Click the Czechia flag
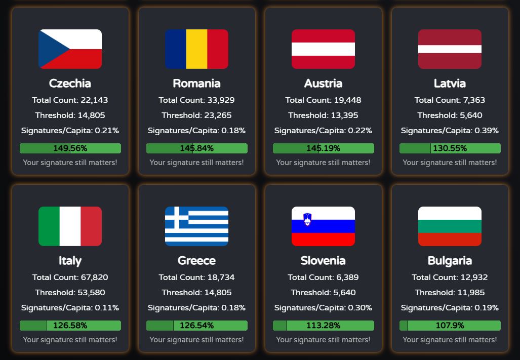[x=70, y=49]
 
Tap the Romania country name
[x=196, y=83]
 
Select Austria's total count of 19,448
[x=324, y=100]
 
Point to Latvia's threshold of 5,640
[x=450, y=115]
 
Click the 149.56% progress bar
[x=70, y=148]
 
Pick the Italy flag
[x=70, y=226]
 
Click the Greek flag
[x=196, y=226]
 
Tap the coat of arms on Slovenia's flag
[x=307, y=219]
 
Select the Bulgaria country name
[x=450, y=261]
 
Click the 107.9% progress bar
[x=450, y=326]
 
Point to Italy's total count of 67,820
[x=70, y=277]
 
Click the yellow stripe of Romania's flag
[x=196, y=49]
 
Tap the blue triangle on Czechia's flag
[x=52, y=49]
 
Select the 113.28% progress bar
[x=324, y=326]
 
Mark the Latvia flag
[x=450, y=49]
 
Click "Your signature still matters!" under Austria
[x=324, y=163]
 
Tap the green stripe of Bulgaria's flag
[x=450, y=226]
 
